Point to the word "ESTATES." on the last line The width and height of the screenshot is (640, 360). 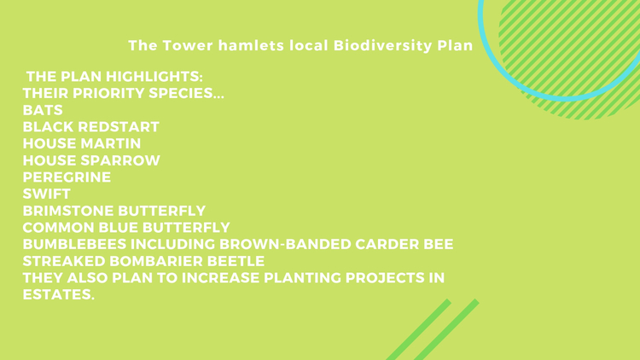pos(58,294)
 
